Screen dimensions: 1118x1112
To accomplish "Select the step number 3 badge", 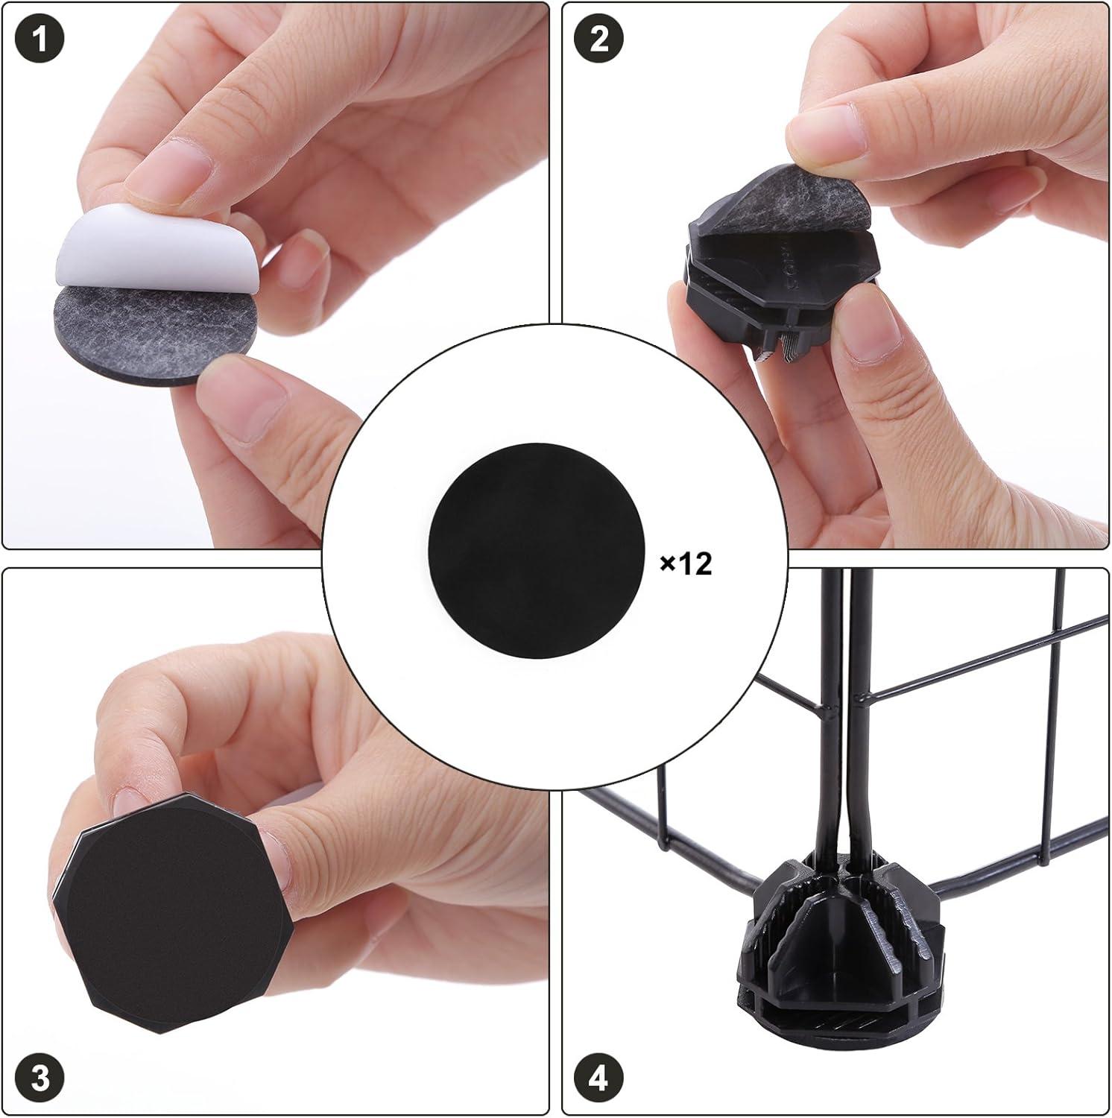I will (40, 1078).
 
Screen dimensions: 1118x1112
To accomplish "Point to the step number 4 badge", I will (599, 1078).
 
